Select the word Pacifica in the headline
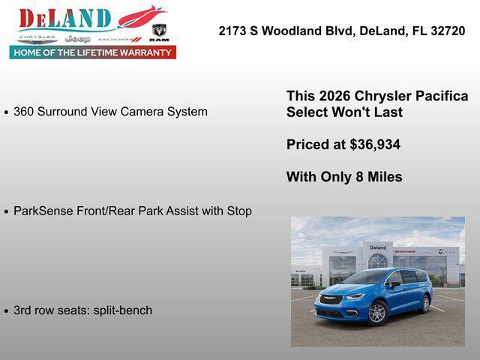[441, 96]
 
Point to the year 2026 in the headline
[334, 96]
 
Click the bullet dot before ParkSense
[7, 212]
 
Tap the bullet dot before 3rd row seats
[7, 311]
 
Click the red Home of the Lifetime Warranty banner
[93, 52]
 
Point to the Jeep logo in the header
[77, 38]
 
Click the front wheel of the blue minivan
[377, 312]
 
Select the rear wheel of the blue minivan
[425, 304]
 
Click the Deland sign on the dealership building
[377, 247]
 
